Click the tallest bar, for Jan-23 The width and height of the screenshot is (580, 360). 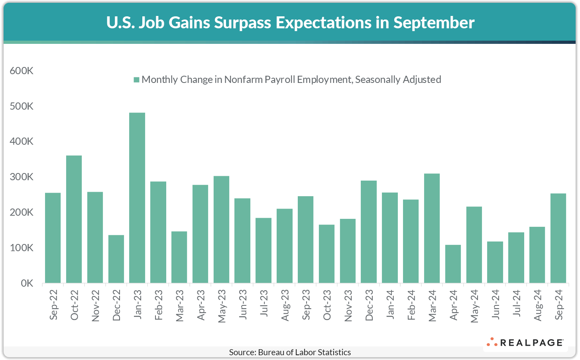tap(137, 198)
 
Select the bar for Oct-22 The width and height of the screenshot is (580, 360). tap(74, 219)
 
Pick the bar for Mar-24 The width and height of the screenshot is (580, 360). tap(432, 228)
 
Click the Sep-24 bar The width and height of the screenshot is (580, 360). tap(558, 238)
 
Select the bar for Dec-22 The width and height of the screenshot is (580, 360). tap(116, 259)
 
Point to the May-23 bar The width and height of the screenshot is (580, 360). tap(221, 229)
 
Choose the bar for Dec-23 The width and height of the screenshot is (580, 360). tap(369, 232)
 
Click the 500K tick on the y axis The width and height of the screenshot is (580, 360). tap(22, 106)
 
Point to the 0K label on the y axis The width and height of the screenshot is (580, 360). tap(27, 283)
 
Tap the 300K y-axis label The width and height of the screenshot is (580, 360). tap(22, 177)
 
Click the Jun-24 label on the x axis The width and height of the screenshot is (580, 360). tap(495, 305)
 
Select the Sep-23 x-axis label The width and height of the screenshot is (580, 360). tap(306, 305)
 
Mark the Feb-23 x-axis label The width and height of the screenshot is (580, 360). tap(158, 305)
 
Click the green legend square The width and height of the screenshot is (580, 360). tap(136, 80)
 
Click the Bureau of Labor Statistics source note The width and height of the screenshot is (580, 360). tap(290, 352)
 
